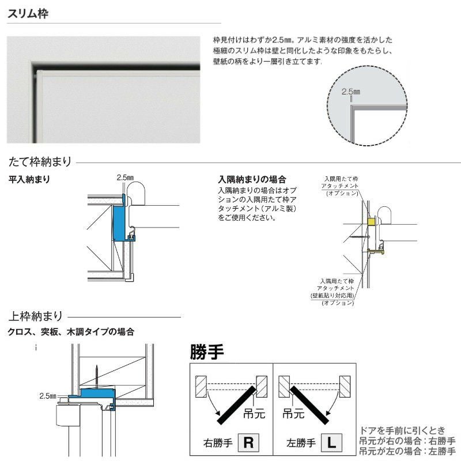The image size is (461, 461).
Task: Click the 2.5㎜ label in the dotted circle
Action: point(350,92)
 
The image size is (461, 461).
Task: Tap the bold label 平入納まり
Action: point(29,180)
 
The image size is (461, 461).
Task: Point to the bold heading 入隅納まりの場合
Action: point(252,180)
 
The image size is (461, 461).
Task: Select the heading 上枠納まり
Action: point(35,316)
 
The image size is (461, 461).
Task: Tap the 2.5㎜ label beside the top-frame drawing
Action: point(48,396)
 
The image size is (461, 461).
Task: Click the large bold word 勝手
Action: point(207,351)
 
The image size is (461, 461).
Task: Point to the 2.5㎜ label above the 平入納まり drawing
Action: point(124,177)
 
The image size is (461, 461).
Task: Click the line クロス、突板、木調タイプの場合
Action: point(71,332)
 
